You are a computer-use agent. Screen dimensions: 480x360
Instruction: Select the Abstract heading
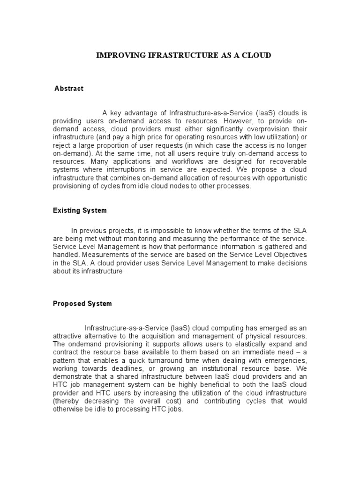click(69, 89)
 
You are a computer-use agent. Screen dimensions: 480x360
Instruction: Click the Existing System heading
click(80, 210)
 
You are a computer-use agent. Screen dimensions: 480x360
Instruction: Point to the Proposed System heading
click(82, 303)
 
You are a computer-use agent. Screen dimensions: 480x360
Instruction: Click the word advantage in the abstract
click(140, 113)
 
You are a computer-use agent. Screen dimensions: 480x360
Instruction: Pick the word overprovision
click(266, 129)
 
